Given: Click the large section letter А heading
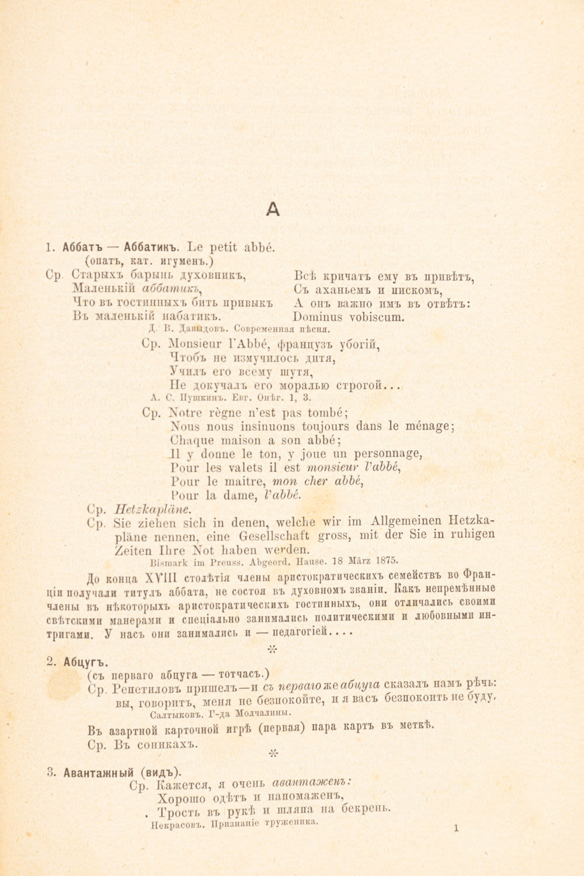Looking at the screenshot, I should [273, 209].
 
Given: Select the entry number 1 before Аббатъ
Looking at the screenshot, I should [48, 247].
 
